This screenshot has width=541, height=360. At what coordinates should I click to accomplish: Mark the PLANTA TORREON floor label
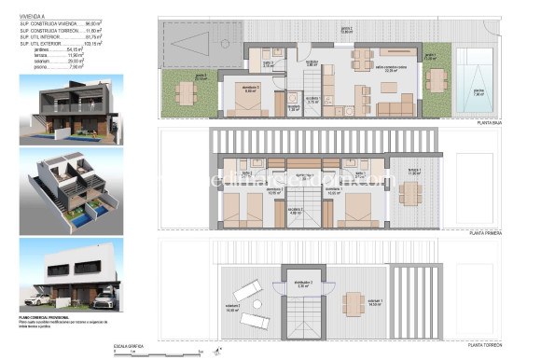coord(491,345)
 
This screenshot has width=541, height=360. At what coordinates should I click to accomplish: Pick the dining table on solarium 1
coord(353,302)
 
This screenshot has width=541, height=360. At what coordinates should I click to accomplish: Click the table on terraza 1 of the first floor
coord(409,192)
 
